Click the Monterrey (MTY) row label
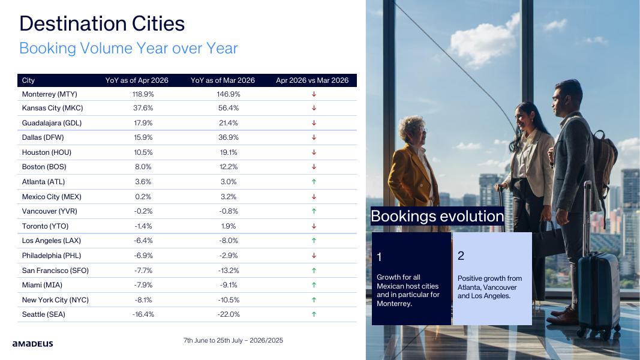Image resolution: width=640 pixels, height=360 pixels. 49,94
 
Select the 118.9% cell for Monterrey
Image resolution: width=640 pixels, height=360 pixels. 143,94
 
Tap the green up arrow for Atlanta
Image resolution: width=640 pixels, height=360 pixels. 314,182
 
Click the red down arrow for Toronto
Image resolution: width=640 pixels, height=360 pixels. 314,226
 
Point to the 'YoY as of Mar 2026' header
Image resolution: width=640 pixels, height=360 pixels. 223,80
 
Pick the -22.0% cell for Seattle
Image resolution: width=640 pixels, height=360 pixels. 229,314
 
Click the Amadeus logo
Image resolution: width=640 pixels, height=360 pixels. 32,344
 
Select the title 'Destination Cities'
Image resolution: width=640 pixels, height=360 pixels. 102,23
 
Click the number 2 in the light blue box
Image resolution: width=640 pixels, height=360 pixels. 461,256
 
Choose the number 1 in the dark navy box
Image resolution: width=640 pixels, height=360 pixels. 379,257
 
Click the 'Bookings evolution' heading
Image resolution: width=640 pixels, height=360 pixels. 437,217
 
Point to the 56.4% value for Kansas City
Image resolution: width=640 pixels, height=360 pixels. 229,108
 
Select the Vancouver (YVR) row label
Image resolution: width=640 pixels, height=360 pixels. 49,211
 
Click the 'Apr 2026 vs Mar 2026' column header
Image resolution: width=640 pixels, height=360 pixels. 313,80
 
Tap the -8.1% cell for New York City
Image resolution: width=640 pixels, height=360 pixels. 143,300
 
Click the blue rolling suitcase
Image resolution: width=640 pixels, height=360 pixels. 598,292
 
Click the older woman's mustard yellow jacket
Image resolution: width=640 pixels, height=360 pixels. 410,176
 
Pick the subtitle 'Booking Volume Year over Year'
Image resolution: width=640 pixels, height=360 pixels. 128,48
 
